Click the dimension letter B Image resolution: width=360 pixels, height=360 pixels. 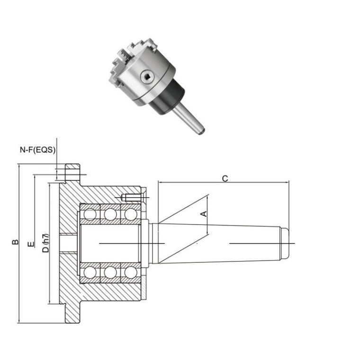click(x=16, y=243)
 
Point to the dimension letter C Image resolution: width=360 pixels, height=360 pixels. click(x=225, y=179)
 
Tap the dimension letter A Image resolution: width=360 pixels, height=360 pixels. click(x=204, y=214)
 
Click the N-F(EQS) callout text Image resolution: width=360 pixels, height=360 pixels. click(x=37, y=150)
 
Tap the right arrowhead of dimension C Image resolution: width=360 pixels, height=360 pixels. click(x=288, y=182)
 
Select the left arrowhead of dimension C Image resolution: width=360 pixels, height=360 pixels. click(x=159, y=182)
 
